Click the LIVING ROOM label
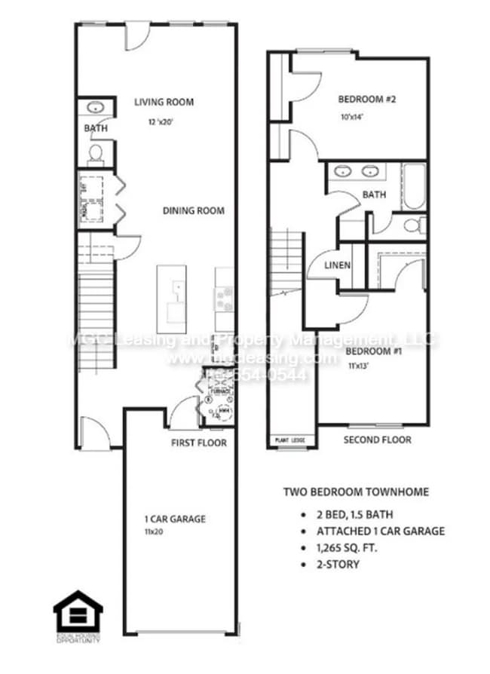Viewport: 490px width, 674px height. [164, 102]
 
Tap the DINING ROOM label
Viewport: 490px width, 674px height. [193, 210]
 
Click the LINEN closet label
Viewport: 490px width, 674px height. [335, 265]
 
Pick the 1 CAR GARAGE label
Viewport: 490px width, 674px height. [175, 519]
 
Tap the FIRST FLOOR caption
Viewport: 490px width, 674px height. [198, 443]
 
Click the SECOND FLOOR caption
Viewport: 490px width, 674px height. [377, 440]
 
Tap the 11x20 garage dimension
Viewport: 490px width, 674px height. [155, 532]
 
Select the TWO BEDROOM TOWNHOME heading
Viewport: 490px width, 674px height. [356, 492]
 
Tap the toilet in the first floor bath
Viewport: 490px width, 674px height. [96, 153]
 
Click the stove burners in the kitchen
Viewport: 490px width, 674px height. [224, 299]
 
